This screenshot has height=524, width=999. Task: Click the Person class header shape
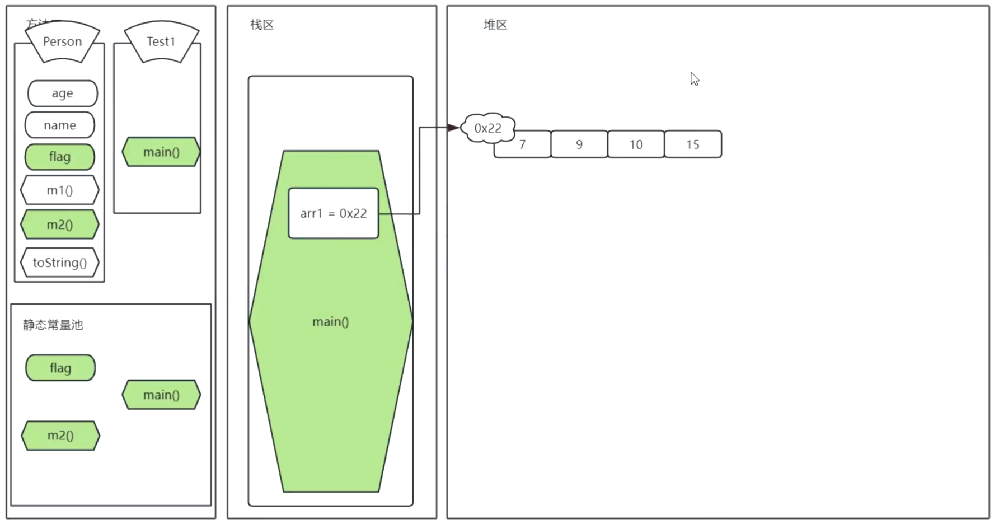tap(62, 41)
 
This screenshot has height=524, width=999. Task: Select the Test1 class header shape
tap(161, 41)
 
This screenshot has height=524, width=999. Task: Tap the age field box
tap(62, 93)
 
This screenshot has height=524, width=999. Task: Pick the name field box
tap(60, 125)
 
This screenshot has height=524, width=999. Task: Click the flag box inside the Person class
tap(60, 157)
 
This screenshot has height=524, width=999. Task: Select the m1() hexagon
tap(60, 190)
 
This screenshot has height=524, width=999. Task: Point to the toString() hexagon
tap(60, 263)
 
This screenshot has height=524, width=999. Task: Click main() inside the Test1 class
tap(161, 152)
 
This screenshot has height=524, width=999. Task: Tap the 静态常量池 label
tap(53, 325)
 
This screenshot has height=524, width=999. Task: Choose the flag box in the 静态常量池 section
tap(60, 368)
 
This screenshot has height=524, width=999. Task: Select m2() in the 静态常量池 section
tap(60, 436)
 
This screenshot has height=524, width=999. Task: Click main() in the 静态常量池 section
tap(161, 395)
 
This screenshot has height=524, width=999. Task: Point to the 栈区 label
tap(262, 25)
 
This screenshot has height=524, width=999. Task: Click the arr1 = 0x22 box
tap(334, 213)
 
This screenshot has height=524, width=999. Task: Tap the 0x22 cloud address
tap(487, 128)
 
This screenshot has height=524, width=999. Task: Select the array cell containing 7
tap(523, 145)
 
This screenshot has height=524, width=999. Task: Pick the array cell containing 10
tap(636, 144)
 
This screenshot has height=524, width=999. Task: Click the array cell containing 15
tap(693, 144)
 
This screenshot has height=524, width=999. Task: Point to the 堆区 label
tap(495, 25)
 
